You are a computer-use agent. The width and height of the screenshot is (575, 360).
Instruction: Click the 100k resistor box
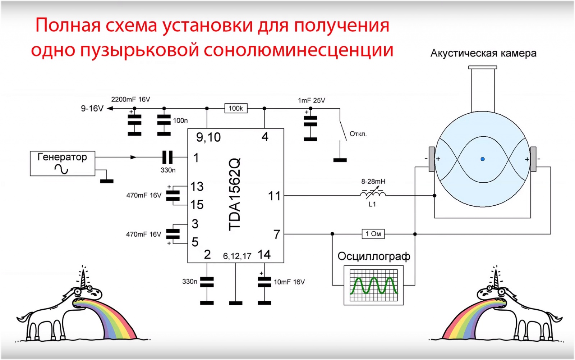point(236,108)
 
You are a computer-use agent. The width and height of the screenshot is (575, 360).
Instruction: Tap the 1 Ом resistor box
point(373,234)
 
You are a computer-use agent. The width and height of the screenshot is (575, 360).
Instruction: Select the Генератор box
point(62,163)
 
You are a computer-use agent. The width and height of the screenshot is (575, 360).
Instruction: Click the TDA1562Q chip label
point(234,194)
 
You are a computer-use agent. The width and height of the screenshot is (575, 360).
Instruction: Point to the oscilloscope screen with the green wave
point(374,285)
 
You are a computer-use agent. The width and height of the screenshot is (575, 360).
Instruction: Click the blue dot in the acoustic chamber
point(483,159)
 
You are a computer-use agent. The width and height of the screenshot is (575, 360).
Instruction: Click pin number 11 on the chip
point(274,196)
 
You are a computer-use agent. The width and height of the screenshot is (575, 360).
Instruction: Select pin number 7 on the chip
point(276,234)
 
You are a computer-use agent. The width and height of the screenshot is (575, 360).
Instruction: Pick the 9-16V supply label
point(92,109)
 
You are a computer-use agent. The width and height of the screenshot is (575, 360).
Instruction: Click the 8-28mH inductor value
point(373,182)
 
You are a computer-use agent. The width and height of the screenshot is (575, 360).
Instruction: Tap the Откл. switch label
point(358,134)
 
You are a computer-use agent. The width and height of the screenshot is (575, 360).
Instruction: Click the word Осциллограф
point(374,256)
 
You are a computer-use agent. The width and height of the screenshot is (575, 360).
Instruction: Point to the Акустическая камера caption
point(483,53)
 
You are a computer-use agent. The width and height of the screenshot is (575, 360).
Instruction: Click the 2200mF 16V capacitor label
point(130,99)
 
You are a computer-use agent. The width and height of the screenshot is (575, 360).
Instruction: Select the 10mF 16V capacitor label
point(289,282)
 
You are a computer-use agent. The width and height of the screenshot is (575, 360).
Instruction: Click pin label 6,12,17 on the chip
point(237,256)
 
